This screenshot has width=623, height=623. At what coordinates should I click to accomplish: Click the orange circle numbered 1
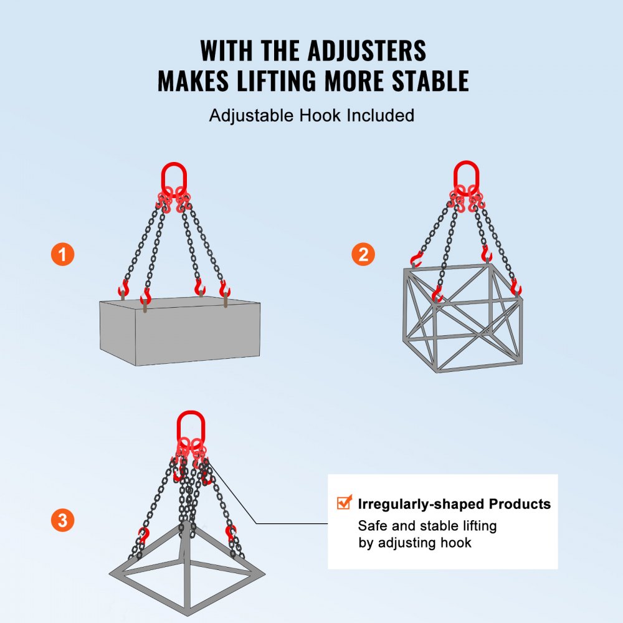62,254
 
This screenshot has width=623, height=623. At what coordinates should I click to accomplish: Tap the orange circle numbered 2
363,254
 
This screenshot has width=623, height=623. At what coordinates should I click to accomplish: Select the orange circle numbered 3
62,520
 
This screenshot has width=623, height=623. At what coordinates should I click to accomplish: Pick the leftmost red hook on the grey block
123,288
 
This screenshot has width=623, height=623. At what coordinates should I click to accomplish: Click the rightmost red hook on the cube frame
515,288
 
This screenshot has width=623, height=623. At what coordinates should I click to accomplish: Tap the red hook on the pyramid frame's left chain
144,535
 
